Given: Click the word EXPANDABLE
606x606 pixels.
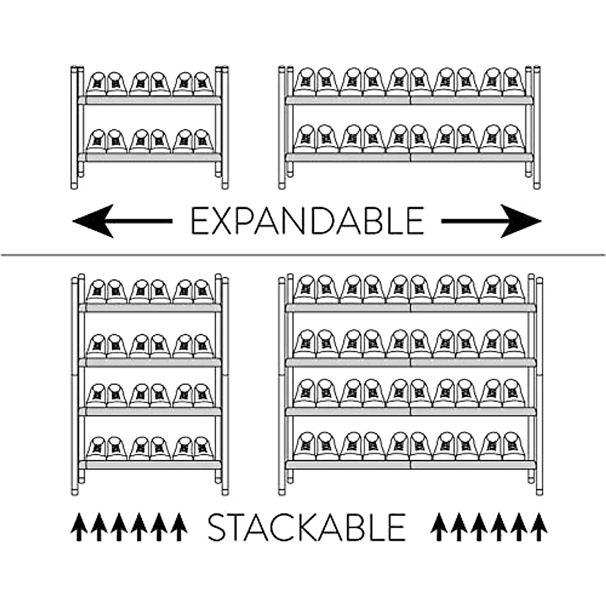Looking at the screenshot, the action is point(307,221).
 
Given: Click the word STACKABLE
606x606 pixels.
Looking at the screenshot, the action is point(307,527).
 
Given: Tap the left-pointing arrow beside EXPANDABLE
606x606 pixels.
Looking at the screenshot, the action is point(121,221).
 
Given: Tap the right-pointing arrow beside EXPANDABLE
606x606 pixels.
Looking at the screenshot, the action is point(492,221).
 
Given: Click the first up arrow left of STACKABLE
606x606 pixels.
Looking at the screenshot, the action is point(78,527).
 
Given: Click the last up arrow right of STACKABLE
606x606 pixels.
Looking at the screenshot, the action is point(539,527).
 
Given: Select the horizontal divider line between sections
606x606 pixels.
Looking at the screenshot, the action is point(303,255).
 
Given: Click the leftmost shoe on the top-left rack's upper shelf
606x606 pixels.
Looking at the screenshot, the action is point(96,84).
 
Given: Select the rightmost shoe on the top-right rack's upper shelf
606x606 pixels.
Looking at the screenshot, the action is point(514,82).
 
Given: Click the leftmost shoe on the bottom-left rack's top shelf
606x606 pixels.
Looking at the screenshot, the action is point(96,292).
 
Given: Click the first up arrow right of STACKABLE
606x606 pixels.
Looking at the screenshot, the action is point(438,527).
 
